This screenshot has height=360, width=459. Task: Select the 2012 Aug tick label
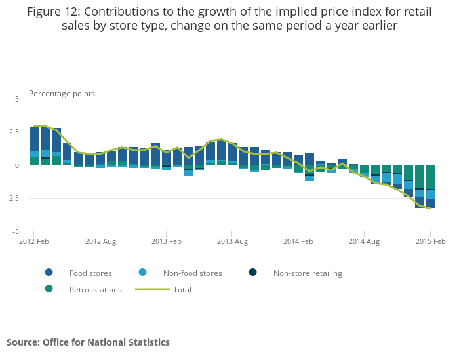coord(100,241)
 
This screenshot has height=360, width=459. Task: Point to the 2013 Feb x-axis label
coord(166,241)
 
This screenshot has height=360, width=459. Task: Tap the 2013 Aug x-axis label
coord(232,241)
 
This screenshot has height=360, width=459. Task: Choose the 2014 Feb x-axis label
coord(298,241)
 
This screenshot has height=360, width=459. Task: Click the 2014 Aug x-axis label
coord(365,241)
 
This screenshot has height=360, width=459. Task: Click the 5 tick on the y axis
coord(18,98)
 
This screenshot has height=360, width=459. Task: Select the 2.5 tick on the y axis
coord(15,132)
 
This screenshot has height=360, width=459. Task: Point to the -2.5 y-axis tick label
coord(13,198)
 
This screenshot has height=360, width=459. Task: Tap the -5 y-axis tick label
coord(16,231)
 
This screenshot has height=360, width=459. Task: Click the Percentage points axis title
coord(62,94)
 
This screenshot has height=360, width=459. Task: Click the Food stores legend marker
coord(49,273)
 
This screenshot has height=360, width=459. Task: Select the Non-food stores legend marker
coord(143,273)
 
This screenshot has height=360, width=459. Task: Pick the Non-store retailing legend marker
coord(253,273)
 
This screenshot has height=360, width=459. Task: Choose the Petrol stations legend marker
coord(49,289)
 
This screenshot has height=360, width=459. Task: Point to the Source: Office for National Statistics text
coord(88,342)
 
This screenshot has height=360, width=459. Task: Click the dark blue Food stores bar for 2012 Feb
coord(34,138)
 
